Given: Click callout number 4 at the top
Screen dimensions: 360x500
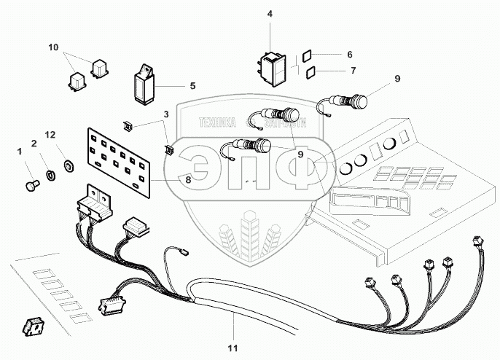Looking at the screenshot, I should [270, 13].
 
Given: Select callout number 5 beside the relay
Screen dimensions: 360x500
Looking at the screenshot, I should [192, 86].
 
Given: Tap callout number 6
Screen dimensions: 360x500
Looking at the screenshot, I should [349, 55].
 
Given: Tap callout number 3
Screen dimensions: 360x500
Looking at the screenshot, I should [166, 114].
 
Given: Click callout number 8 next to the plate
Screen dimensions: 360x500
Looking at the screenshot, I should [188, 179].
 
